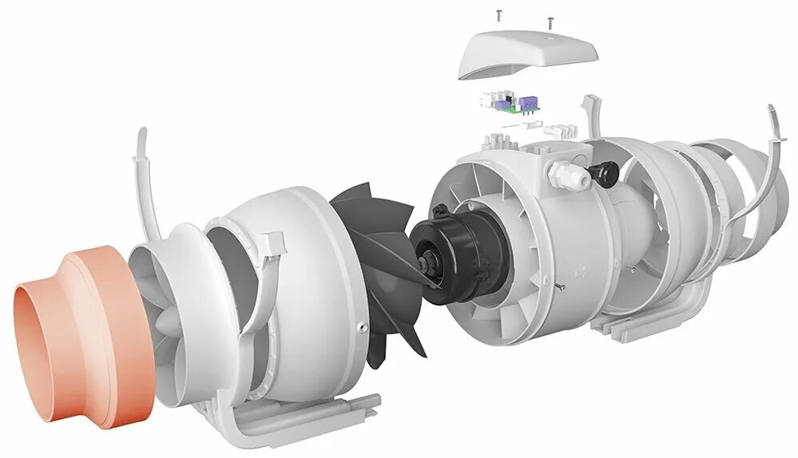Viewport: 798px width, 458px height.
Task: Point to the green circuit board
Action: tap(511, 108)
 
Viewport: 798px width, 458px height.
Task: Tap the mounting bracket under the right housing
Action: tap(639, 323)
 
